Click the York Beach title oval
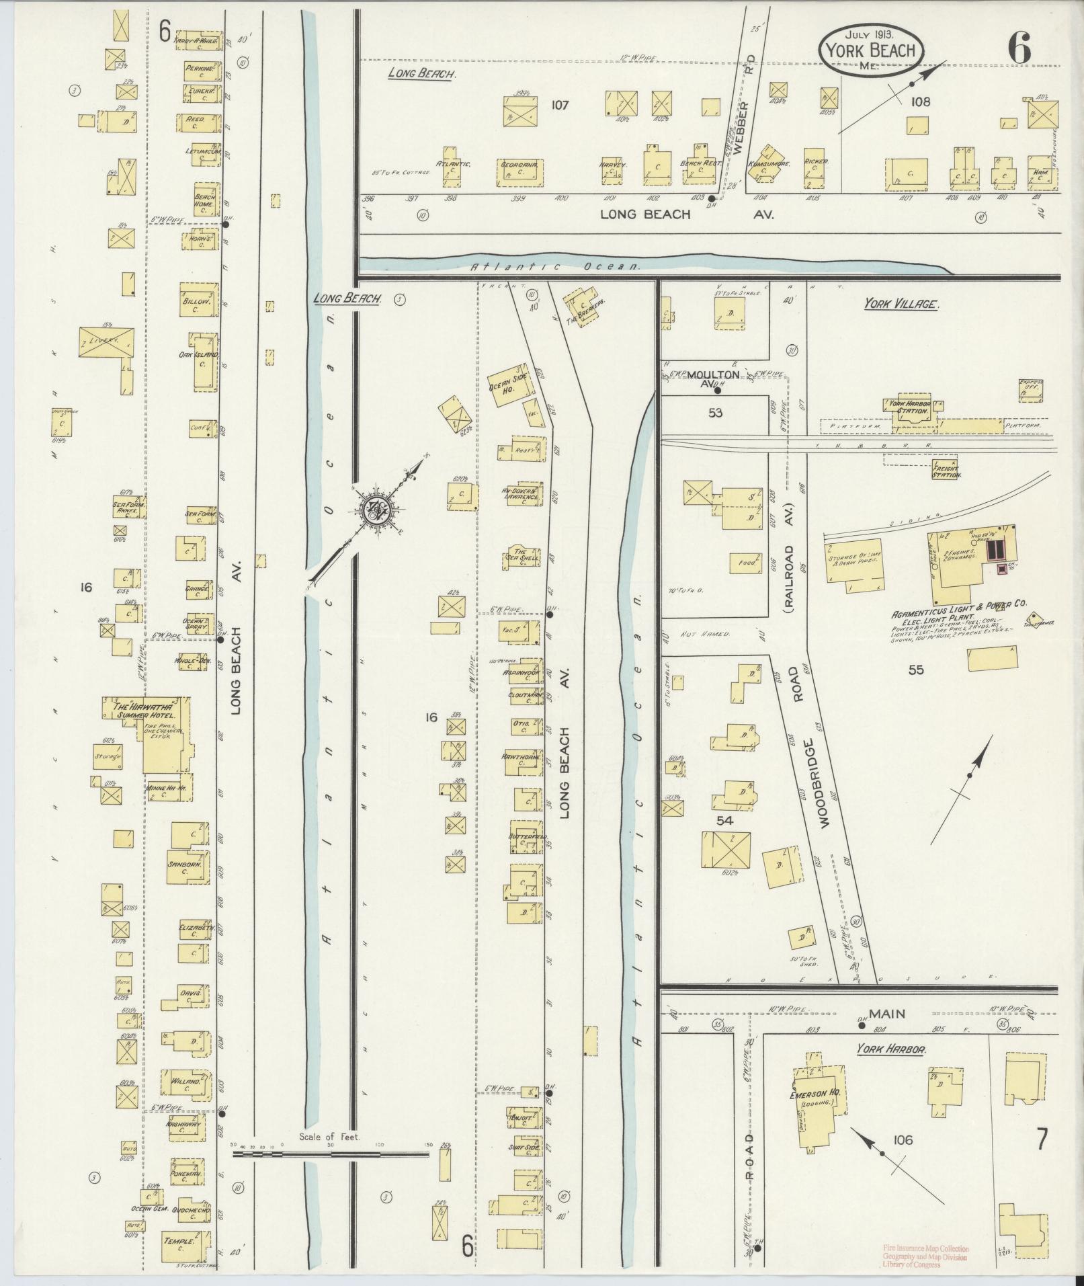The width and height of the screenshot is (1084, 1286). [870, 50]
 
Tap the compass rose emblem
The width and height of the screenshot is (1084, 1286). [372, 512]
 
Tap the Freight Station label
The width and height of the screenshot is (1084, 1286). [946, 471]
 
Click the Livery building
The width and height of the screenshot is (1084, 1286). [106, 341]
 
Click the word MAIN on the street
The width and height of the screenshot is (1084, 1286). [887, 1013]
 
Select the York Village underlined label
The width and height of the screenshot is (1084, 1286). [901, 304]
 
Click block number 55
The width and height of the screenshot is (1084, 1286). [915, 670]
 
